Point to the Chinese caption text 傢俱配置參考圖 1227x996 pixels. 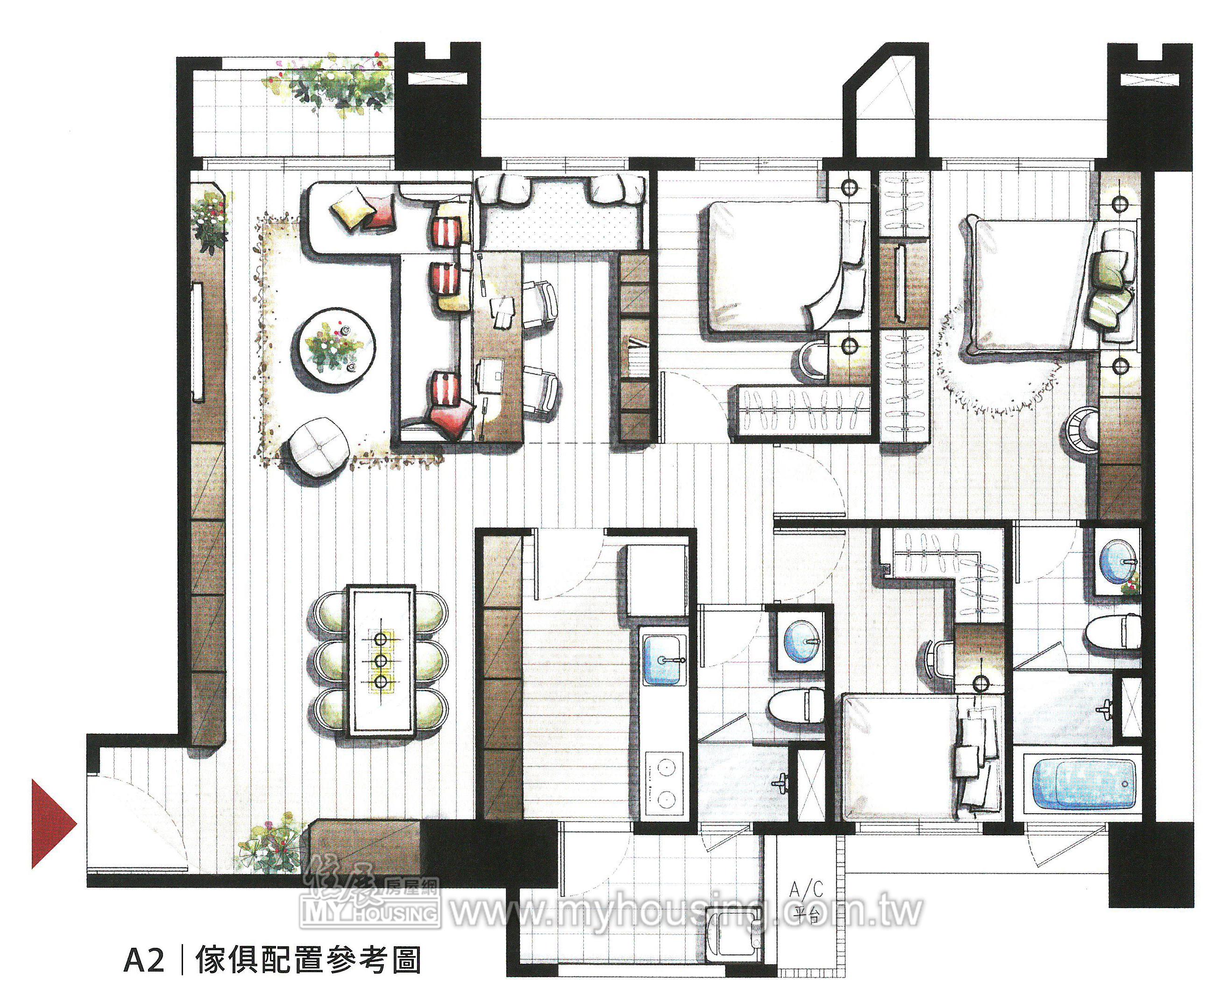click(307, 958)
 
